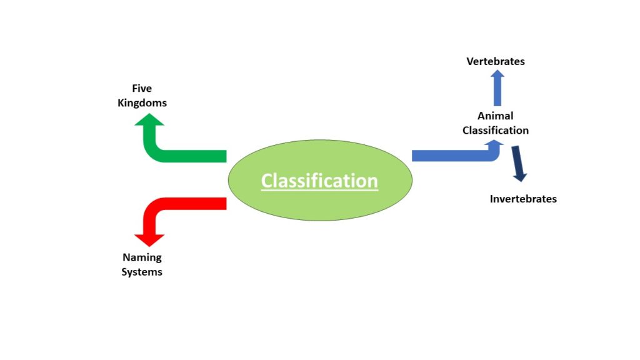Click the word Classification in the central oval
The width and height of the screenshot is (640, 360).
point(319,181)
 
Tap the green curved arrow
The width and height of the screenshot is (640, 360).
point(181,156)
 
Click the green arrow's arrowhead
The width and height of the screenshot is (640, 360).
point(149,120)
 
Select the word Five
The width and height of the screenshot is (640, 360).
point(142,88)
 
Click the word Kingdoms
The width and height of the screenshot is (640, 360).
point(142,102)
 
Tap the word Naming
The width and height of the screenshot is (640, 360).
point(142,257)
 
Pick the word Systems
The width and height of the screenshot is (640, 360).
point(142,272)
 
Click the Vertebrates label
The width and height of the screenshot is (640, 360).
point(496,61)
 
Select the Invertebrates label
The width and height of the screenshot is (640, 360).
point(523,199)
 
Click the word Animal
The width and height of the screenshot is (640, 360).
point(496,116)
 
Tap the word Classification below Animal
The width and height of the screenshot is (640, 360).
point(496,130)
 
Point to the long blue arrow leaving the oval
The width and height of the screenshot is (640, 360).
point(450,156)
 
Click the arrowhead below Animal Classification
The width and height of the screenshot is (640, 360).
point(496,144)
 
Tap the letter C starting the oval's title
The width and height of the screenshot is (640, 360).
point(267,181)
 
